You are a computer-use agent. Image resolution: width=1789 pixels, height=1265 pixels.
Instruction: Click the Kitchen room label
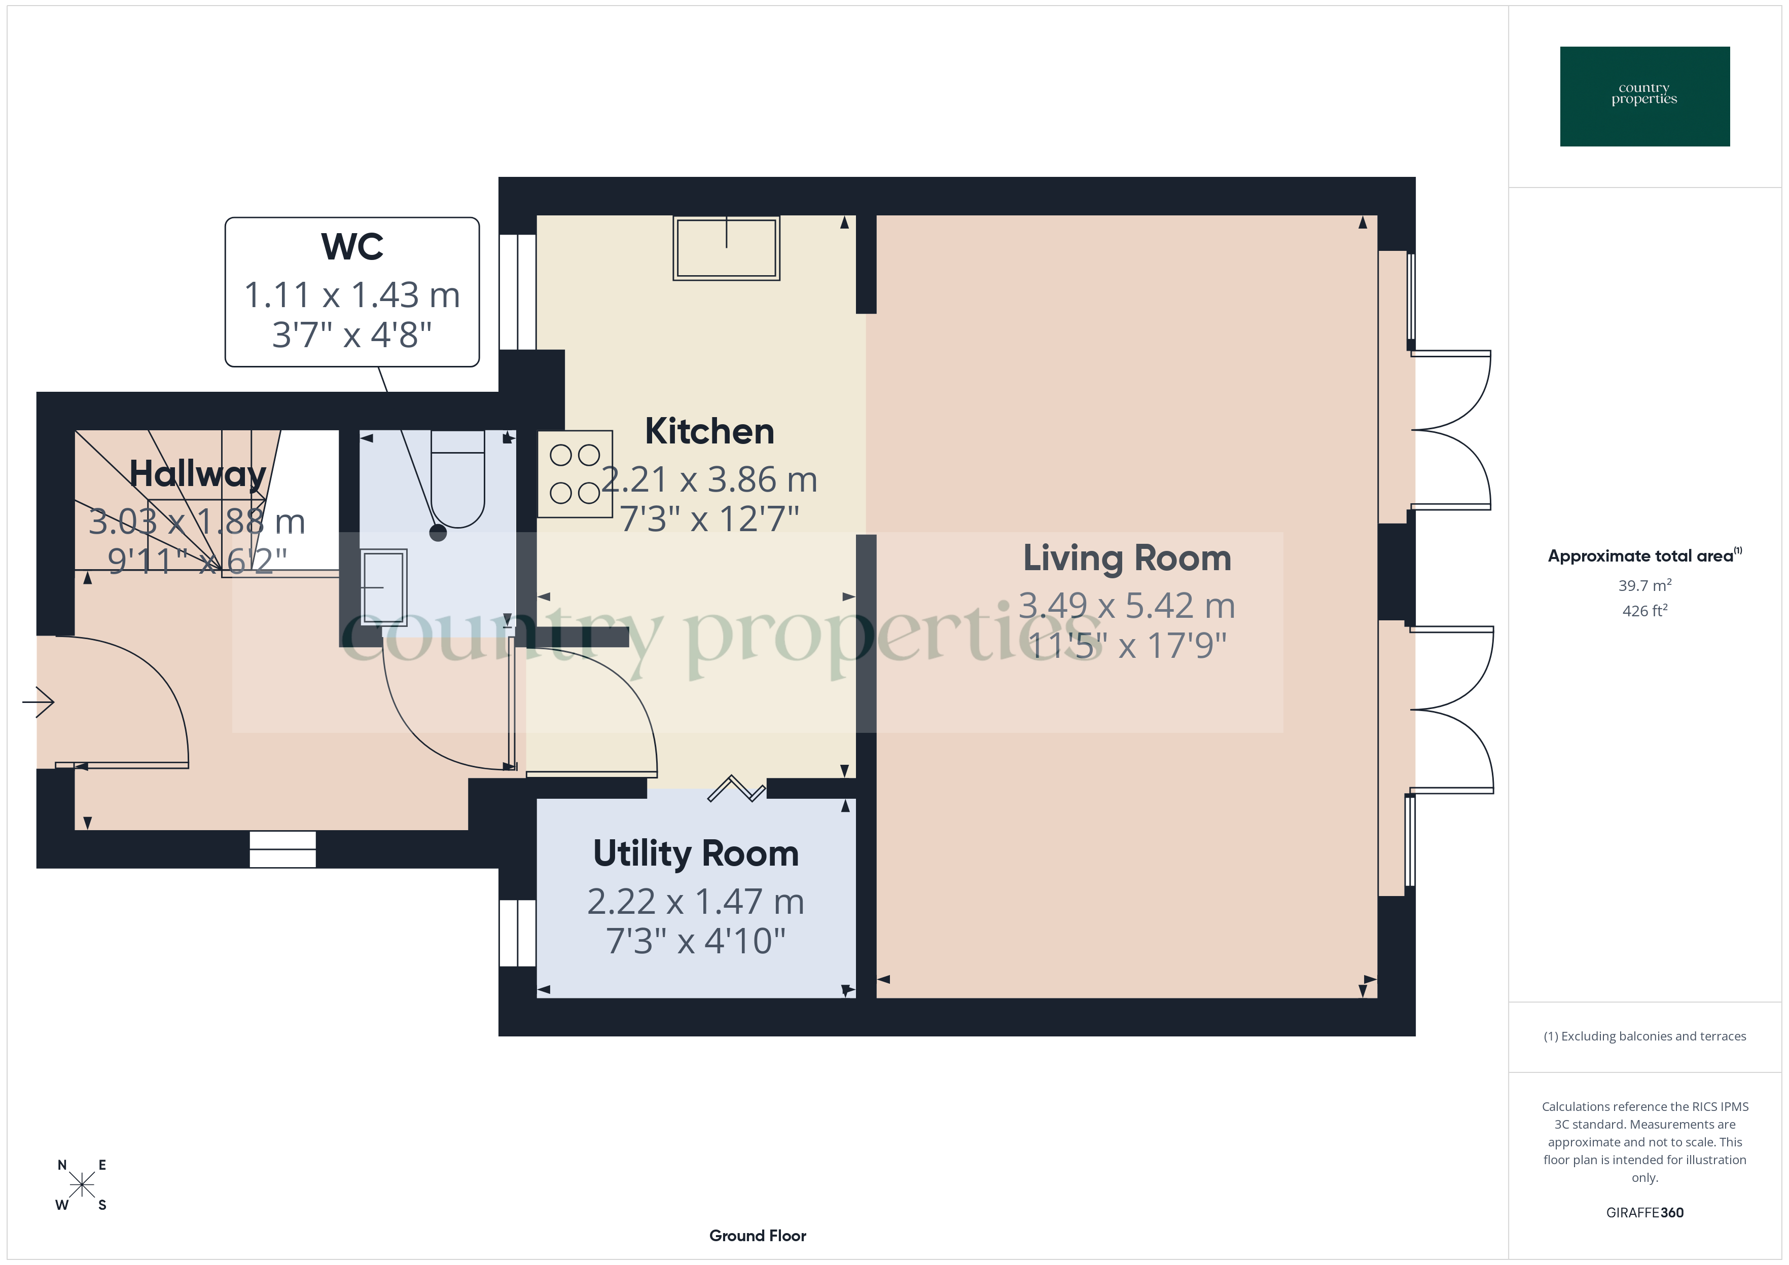tap(709, 431)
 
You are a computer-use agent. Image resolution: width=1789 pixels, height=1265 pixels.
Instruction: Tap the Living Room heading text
tap(1127, 559)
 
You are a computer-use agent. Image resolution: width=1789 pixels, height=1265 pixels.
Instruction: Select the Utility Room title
tap(696, 853)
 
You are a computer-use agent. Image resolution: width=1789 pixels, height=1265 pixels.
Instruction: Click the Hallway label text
tap(197, 473)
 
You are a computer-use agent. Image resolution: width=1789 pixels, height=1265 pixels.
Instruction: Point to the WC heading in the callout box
tap(352, 247)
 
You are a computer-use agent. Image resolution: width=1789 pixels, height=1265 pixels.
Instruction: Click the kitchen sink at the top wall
tap(726, 248)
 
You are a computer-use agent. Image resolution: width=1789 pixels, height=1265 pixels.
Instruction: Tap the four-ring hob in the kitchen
tap(575, 473)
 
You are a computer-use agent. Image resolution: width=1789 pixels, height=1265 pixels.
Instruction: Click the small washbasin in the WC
tap(384, 586)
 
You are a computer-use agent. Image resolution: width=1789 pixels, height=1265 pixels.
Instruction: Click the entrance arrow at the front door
tap(39, 702)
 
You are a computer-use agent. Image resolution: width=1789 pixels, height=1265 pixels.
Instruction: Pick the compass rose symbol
tap(81, 1185)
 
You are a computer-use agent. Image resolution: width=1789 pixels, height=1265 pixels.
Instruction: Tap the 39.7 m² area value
tap(1644, 585)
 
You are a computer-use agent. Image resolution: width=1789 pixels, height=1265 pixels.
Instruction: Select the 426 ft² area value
tap(1644, 611)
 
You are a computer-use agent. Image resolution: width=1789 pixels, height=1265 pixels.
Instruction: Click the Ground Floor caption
tap(758, 1236)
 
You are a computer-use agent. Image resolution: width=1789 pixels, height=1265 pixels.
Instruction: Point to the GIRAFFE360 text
tap(1644, 1212)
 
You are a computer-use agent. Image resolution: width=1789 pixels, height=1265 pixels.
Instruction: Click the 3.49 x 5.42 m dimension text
tap(1127, 606)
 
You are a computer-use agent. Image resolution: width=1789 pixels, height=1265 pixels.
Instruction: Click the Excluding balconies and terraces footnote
tap(1644, 1036)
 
